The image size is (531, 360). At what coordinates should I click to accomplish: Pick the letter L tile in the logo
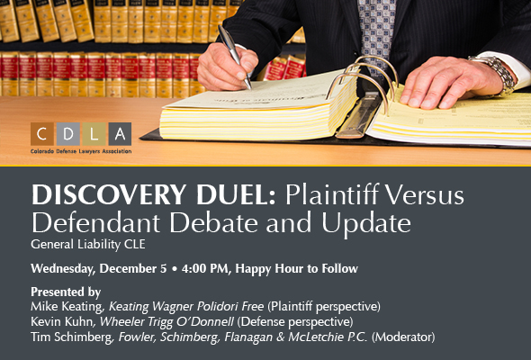point(94,133)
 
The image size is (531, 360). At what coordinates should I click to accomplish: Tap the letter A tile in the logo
point(120,133)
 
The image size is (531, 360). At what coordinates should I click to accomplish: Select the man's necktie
point(373,27)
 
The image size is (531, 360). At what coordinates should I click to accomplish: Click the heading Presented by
point(65,292)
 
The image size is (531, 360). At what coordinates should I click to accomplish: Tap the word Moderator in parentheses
point(405,337)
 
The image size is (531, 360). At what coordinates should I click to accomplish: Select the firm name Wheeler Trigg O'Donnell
point(162,321)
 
